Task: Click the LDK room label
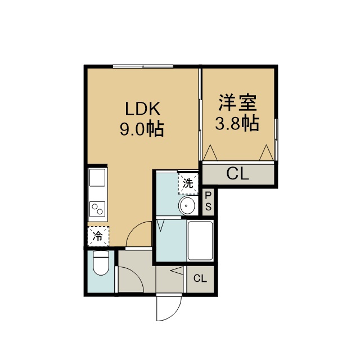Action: (142, 109)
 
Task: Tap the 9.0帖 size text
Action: (142, 129)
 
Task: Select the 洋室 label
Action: (237, 103)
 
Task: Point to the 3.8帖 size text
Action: (237, 123)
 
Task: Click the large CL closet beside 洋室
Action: (238, 174)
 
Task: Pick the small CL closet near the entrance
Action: (200, 279)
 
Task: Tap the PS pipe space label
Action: (208, 202)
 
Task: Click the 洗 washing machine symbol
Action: (188, 184)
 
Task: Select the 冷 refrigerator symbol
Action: (98, 236)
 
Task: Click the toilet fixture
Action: (101, 263)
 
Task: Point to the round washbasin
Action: (187, 205)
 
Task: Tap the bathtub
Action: (200, 240)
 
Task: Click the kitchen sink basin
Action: (97, 178)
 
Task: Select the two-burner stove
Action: (97, 209)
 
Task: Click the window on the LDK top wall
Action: (143, 66)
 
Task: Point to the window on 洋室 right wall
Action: (276, 139)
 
